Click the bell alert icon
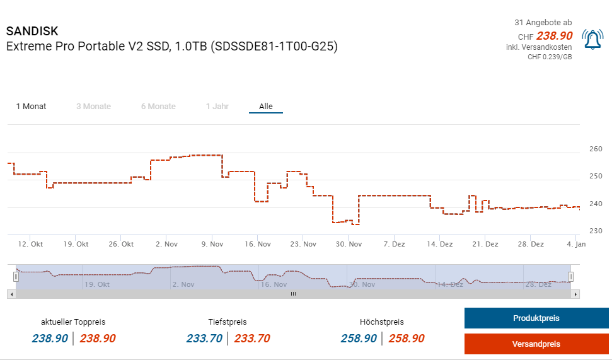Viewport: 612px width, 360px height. (x=592, y=40)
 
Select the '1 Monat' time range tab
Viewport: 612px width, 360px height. (x=31, y=107)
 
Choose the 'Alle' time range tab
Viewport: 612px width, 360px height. (x=266, y=107)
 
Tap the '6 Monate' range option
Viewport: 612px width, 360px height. (x=158, y=107)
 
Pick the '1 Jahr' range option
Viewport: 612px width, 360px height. (x=217, y=107)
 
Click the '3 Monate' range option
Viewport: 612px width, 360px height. (x=93, y=107)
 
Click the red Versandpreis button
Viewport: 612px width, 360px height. (x=536, y=344)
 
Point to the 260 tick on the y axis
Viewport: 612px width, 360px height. (x=596, y=149)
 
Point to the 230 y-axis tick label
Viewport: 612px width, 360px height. (x=596, y=231)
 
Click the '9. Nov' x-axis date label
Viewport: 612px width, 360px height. (x=212, y=244)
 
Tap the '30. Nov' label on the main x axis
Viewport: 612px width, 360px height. (x=349, y=244)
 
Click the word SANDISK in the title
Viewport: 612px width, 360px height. (x=32, y=32)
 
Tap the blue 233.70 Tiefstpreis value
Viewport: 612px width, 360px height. (x=204, y=339)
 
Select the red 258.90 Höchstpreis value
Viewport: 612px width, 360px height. (x=407, y=339)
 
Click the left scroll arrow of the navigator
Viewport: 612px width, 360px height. (x=11, y=294)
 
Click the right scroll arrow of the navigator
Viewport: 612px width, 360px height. (x=576, y=294)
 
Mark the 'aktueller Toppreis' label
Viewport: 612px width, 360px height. (x=74, y=322)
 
